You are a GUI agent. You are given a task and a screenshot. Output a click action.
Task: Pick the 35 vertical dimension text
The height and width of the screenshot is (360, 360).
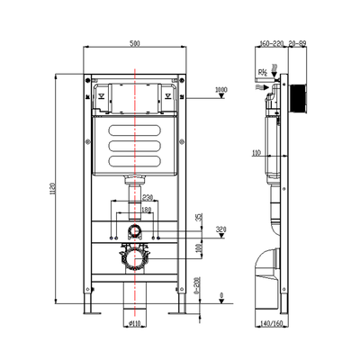point(201,218)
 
